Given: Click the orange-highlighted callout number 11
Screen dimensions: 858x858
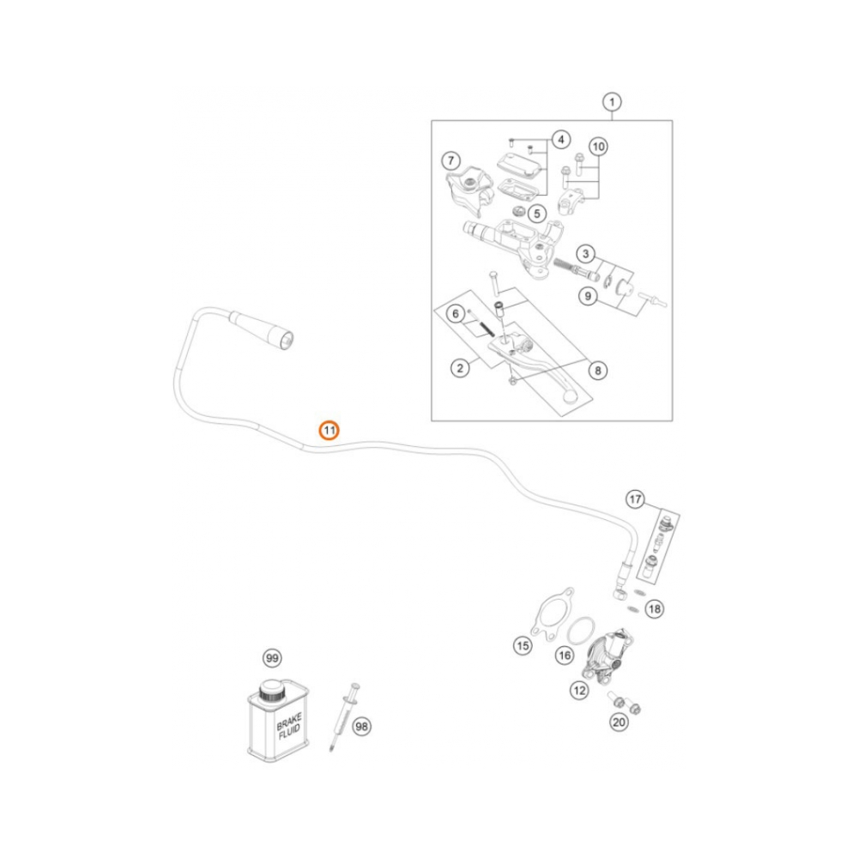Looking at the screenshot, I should pyautogui.click(x=329, y=430).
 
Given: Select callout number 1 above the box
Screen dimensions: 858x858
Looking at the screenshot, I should pyautogui.click(x=611, y=103).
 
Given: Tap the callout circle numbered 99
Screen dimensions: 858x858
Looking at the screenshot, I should pyautogui.click(x=272, y=659).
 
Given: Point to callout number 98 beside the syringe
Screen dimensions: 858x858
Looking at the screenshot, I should pyautogui.click(x=362, y=726).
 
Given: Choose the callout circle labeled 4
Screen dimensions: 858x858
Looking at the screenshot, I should pyautogui.click(x=559, y=140).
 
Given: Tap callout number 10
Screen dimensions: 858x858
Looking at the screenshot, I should pyautogui.click(x=598, y=148).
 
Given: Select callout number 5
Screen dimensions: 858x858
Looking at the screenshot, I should pyautogui.click(x=536, y=213).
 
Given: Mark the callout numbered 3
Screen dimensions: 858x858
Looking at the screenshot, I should pyautogui.click(x=585, y=254).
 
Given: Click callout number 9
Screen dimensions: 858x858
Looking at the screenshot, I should pyautogui.click(x=588, y=297).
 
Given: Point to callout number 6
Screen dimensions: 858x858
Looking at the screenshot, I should pyautogui.click(x=456, y=315).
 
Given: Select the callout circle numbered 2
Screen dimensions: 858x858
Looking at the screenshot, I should pyautogui.click(x=461, y=369).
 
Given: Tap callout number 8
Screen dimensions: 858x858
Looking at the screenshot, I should pyautogui.click(x=598, y=371).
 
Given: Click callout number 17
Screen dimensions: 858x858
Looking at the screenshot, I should pyautogui.click(x=635, y=498).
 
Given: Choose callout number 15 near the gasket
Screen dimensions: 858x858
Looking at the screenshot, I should pyautogui.click(x=523, y=645).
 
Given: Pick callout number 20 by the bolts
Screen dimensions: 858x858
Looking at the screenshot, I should pyautogui.click(x=618, y=723).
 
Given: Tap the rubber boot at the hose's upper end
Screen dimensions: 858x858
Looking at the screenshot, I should pyautogui.click(x=264, y=330).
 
